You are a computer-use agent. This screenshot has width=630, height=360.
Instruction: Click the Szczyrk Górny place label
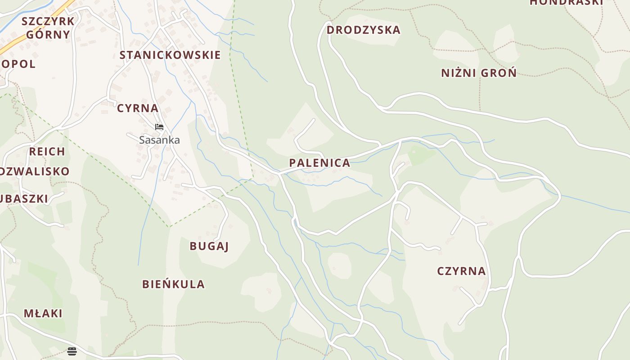[48, 28]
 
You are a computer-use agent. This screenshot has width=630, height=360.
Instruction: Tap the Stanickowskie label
[170, 55]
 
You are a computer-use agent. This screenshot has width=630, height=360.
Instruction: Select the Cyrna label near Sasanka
[138, 108]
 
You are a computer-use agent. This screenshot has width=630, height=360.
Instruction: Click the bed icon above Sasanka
[159, 127]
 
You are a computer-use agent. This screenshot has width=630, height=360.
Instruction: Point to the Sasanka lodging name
[159, 140]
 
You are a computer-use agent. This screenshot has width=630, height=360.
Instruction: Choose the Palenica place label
[319, 163]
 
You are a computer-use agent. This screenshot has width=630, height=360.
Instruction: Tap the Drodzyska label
[363, 30]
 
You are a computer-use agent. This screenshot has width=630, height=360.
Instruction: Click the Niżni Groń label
[479, 73]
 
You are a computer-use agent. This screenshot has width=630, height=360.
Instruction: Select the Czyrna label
[461, 271]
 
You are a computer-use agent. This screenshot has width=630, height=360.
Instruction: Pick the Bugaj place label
[209, 246]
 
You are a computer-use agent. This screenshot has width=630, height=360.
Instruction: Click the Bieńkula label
[173, 284]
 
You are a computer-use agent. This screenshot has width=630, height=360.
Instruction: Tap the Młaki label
[43, 313]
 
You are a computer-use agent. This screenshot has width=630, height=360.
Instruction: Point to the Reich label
[47, 151]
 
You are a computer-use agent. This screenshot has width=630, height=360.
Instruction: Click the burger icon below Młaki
[72, 351]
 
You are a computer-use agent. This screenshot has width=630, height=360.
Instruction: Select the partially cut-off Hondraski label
[566, 2]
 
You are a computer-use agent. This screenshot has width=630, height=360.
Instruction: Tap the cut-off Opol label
[18, 64]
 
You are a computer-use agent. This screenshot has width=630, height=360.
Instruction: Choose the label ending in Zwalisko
[35, 171]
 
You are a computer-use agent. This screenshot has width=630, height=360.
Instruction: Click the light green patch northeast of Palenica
[422, 155]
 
